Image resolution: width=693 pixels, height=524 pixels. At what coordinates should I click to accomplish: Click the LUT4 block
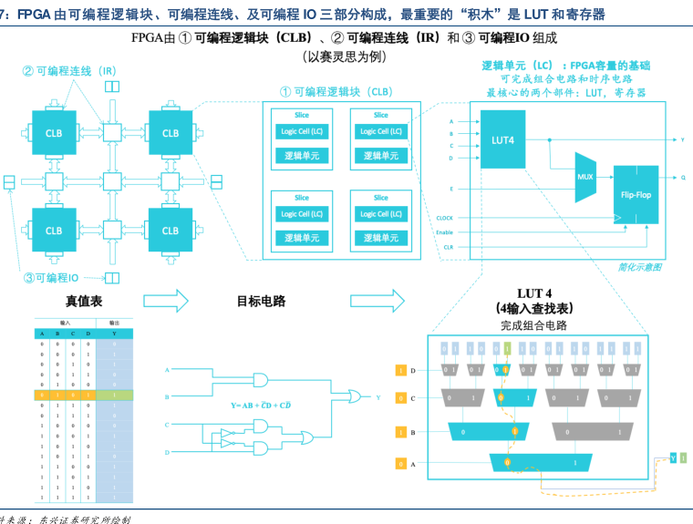tap(502, 140)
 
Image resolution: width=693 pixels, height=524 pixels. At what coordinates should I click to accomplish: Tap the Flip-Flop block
tap(635, 195)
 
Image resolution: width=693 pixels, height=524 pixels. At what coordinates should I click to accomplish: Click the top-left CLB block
tap(54, 133)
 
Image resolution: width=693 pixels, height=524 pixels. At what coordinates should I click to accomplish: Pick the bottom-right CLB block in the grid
tap(171, 231)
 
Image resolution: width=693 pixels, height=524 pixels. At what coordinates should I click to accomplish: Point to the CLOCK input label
tap(445, 218)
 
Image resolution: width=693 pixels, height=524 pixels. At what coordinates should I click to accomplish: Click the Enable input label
tap(445, 232)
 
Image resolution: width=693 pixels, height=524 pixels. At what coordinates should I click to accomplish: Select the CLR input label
tap(448, 247)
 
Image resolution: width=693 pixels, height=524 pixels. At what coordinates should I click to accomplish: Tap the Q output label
tap(683, 179)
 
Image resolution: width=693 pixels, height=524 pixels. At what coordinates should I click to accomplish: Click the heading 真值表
tap(84, 302)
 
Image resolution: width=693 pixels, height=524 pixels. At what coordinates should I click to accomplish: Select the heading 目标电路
tap(262, 302)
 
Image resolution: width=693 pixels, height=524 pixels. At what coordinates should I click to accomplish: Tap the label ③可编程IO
tap(53, 278)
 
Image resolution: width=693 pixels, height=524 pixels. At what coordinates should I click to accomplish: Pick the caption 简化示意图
tap(638, 267)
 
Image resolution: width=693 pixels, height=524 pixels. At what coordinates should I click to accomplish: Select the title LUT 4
tap(534, 293)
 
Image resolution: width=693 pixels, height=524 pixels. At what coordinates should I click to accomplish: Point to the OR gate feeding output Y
tap(351, 397)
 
